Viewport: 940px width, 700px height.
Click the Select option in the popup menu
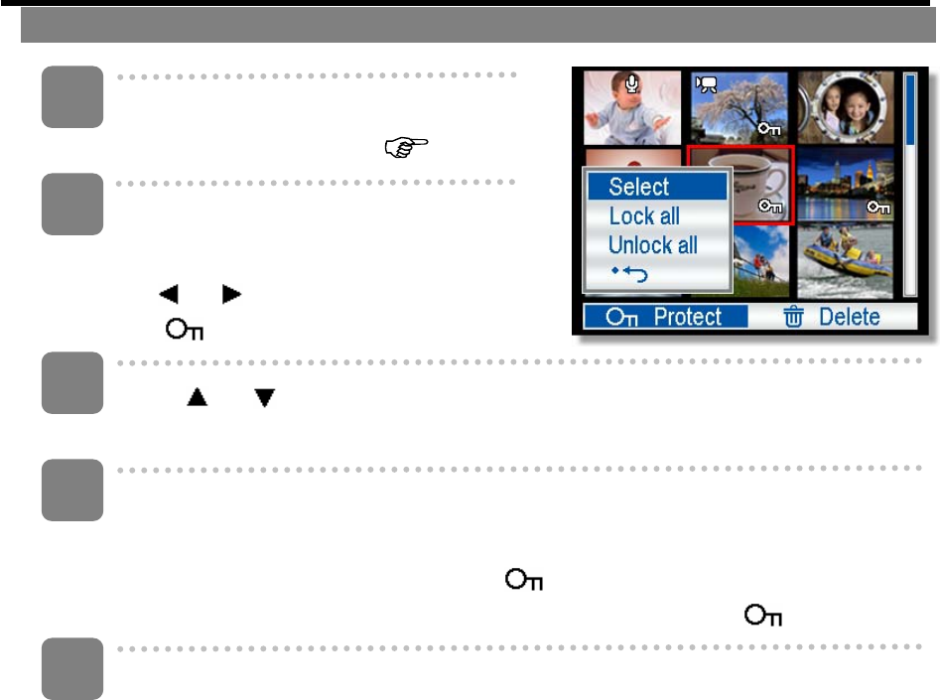tap(639, 187)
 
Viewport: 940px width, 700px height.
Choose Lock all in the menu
tap(644, 216)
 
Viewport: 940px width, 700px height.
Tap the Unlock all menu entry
tap(652, 245)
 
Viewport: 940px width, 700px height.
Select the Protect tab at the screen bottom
tap(652, 317)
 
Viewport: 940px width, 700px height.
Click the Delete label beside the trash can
tap(849, 317)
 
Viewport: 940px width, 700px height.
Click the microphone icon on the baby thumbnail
tap(634, 85)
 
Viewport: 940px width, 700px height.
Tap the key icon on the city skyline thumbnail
tap(877, 208)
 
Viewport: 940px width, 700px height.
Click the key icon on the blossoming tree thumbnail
tap(769, 127)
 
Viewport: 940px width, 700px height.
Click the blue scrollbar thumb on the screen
tap(910, 109)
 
